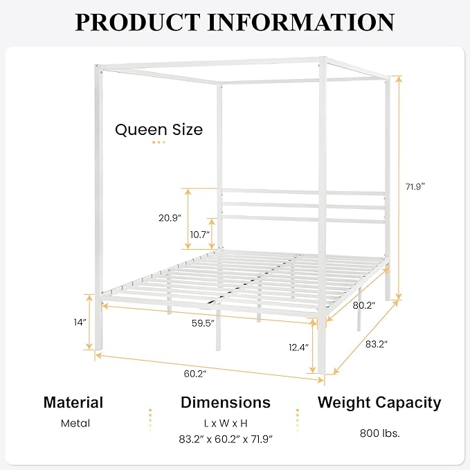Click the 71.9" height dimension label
pyautogui.click(x=415, y=186)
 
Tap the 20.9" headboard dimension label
pyautogui.click(x=169, y=217)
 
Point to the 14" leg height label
pyautogui.click(x=80, y=322)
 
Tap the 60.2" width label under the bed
pyautogui.click(x=195, y=374)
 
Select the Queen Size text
pyautogui.click(x=159, y=129)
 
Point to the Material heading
pyautogui.click(x=73, y=402)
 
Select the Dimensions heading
pyautogui.click(x=226, y=402)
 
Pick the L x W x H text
pyautogui.click(x=226, y=421)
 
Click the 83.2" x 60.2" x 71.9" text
pyautogui.click(x=226, y=439)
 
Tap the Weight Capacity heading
pyautogui.click(x=379, y=402)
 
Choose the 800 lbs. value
pyautogui.click(x=379, y=433)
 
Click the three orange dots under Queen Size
pyautogui.click(x=159, y=143)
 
